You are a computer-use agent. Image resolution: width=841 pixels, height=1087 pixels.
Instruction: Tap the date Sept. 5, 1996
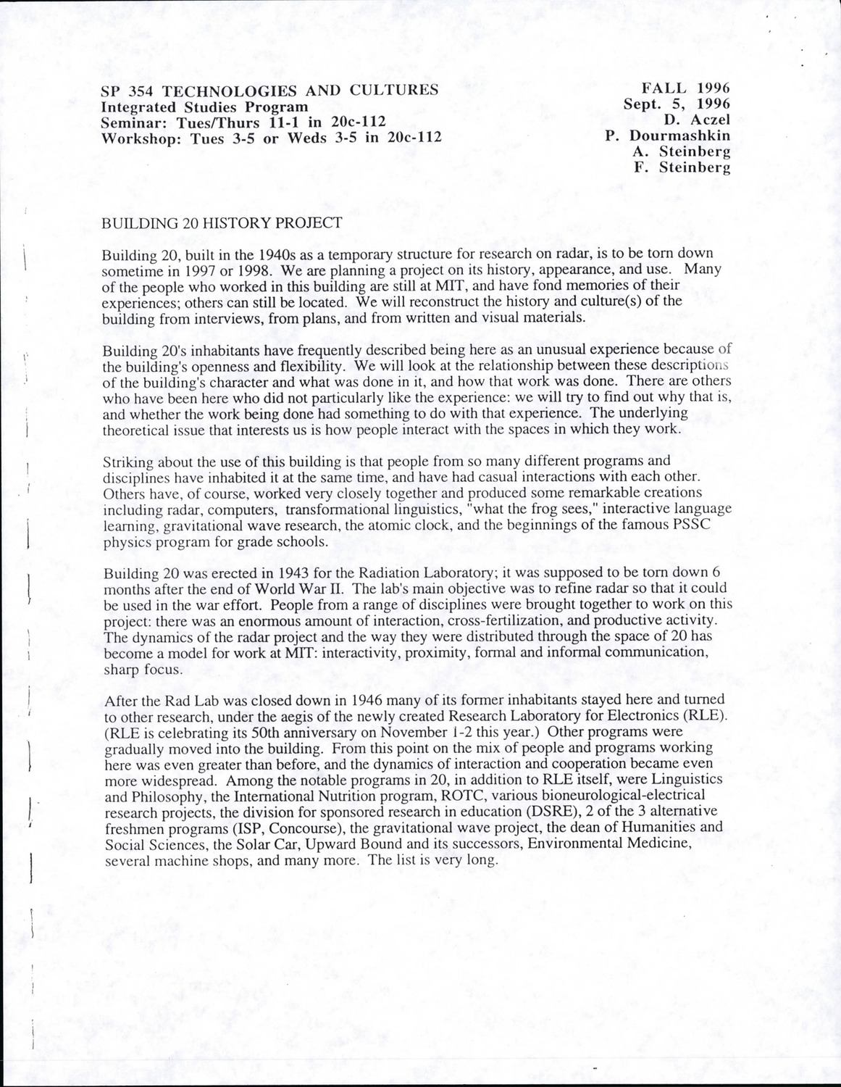[x=677, y=104]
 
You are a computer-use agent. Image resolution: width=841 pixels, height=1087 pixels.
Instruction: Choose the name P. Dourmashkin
[x=667, y=136]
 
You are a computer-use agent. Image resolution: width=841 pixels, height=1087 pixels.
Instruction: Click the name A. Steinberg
[x=681, y=152]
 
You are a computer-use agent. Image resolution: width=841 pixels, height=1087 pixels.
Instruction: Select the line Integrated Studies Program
[x=205, y=107]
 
